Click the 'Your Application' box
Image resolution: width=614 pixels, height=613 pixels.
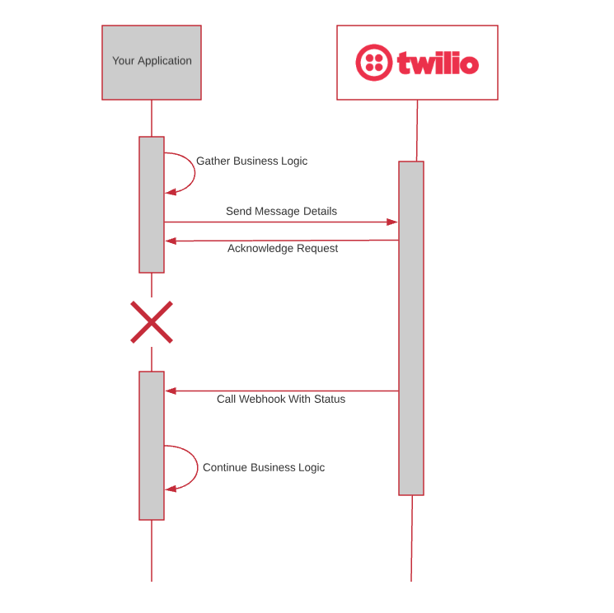[x=152, y=62]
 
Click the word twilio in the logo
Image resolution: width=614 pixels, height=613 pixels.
[x=438, y=63]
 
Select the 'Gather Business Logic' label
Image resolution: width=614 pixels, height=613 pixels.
[x=251, y=161]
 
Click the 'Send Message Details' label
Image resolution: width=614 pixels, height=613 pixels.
[x=281, y=211]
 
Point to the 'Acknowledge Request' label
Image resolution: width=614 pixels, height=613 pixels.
[x=283, y=248]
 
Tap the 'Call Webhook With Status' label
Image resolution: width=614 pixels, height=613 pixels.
[x=281, y=399]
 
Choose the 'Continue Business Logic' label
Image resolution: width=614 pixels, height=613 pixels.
[x=264, y=467]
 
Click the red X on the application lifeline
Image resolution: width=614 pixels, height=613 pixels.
[x=152, y=321]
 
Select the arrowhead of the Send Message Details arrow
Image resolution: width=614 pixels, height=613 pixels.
[x=393, y=222]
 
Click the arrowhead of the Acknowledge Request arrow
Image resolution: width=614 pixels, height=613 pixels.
[x=170, y=241]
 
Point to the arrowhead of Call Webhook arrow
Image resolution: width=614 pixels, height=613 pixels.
[x=170, y=391]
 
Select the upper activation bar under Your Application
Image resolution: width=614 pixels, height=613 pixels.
[x=152, y=204]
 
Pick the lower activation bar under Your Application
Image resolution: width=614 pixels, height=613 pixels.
[x=152, y=445]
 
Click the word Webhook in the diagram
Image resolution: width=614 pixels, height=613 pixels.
[x=261, y=399]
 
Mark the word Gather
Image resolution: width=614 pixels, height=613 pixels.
[x=213, y=161]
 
